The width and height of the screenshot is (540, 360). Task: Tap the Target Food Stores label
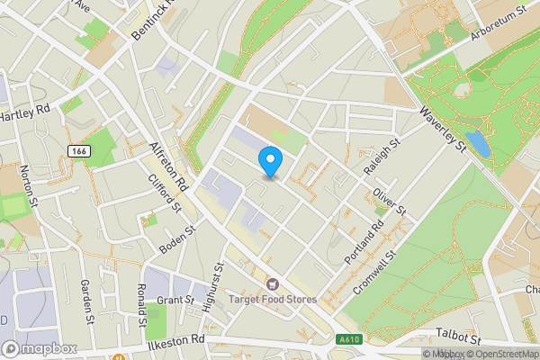click(x=278, y=299)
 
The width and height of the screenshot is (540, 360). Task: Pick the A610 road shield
click(x=352, y=338)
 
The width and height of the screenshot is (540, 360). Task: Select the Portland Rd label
click(x=364, y=242)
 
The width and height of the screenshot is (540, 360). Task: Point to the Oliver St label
click(x=391, y=200)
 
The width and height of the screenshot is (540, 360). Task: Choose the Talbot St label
click(x=458, y=334)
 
